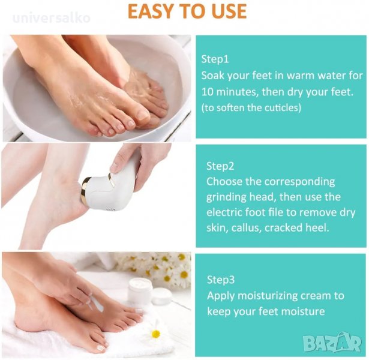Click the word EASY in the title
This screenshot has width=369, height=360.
click(x=151, y=11)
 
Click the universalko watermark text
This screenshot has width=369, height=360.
click(x=52, y=19)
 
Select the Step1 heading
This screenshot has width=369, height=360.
click(x=215, y=59)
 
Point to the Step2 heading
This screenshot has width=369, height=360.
click(x=220, y=166)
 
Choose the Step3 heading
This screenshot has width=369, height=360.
click(x=221, y=280)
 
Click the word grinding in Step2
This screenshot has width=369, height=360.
click(x=226, y=197)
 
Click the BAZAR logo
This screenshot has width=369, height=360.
click(x=332, y=343)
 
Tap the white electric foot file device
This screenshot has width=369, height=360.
click(x=110, y=182)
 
